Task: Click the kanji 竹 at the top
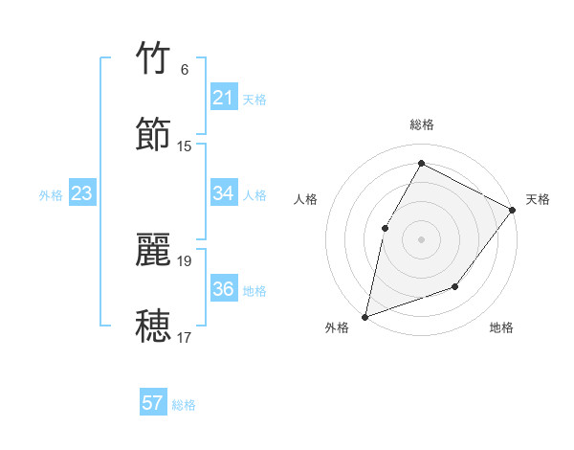pyautogui.click(x=153, y=59)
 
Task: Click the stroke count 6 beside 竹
pyautogui.click(x=185, y=70)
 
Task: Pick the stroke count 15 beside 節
pyautogui.click(x=185, y=146)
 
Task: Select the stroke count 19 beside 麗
pyautogui.click(x=185, y=260)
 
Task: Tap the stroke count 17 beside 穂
pyautogui.click(x=185, y=337)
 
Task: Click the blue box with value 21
pyautogui.click(x=223, y=98)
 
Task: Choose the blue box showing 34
pyautogui.click(x=223, y=193)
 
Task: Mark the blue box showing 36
pyautogui.click(x=223, y=289)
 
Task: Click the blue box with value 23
pyautogui.click(x=81, y=193)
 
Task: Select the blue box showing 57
pyautogui.click(x=153, y=403)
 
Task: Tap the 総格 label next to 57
pyautogui.click(x=184, y=405)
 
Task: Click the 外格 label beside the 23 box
pyautogui.click(x=51, y=195)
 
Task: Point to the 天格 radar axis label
pyautogui.click(x=538, y=199)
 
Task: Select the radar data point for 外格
pyautogui.click(x=365, y=316)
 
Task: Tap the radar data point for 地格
pyautogui.click(x=455, y=286)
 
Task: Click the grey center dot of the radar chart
pyautogui.click(x=421, y=238)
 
